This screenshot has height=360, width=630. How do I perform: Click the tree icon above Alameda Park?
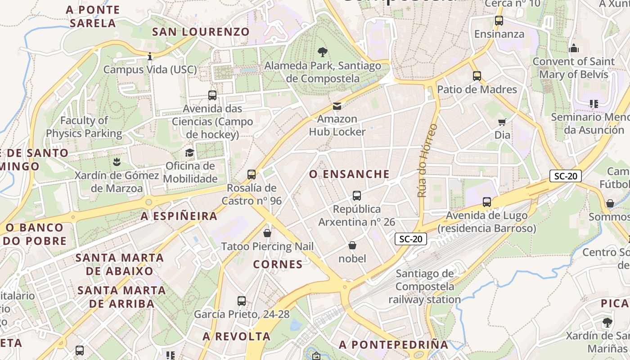pos(322,52)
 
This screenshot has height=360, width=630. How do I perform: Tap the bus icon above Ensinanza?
pos(499,20)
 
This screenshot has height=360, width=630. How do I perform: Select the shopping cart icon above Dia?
pos(502,121)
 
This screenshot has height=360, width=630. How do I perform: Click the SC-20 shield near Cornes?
pos(411,239)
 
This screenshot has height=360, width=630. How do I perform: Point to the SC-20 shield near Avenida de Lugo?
pos(565,176)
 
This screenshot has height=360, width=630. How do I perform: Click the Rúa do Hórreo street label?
pos(427,160)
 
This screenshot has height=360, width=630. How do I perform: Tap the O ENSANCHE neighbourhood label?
pos(349,174)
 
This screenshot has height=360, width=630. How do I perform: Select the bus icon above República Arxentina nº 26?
pos(357,196)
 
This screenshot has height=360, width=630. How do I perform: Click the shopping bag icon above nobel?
pos(352,245)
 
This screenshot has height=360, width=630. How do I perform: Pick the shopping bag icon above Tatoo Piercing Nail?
pos(267,233)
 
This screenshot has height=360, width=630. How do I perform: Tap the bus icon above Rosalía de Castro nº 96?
pos(252,174)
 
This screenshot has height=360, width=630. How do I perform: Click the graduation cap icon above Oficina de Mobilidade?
pos(189,153)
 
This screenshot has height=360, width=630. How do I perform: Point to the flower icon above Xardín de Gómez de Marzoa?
pos(117,161)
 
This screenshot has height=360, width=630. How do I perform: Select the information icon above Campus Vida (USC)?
pos(150,56)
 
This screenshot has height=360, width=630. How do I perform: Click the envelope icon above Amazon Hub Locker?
pos(337,106)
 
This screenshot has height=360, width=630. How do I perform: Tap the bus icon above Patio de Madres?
pos(477,76)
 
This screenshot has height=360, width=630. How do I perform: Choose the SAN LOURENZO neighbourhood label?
pos(201,32)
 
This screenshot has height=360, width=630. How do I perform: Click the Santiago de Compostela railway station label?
pos(425,286)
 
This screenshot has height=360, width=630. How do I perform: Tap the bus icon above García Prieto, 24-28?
pos(242,301)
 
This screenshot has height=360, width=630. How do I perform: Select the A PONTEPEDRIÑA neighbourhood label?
pos(394,345)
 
